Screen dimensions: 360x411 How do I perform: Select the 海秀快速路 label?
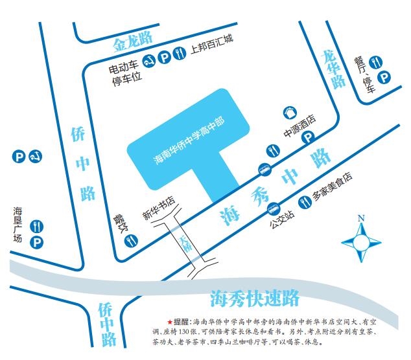click(x=255, y=298)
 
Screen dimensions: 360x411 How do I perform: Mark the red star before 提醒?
click(x=170, y=322)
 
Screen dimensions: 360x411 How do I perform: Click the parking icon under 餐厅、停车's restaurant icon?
click(x=384, y=78)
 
